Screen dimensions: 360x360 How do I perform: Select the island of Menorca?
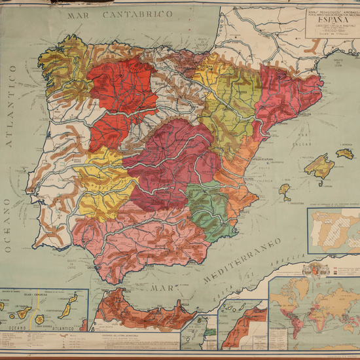345,153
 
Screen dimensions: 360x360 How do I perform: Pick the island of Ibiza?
285,191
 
